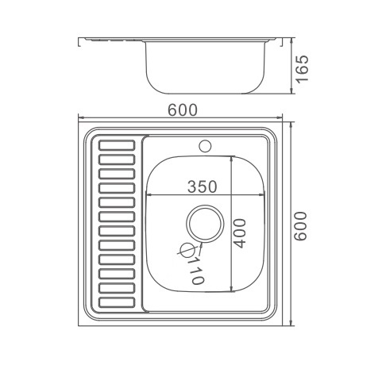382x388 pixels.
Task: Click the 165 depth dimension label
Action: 303,69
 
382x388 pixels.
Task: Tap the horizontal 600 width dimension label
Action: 183,110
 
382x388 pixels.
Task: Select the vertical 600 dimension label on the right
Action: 301,226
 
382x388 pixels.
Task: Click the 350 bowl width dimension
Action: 203,186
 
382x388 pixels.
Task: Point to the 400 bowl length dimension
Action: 240,233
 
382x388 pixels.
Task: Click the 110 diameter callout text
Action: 196,271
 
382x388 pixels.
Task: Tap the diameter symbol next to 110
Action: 187,250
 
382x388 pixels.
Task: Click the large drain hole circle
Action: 205,224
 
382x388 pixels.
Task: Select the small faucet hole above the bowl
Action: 206,146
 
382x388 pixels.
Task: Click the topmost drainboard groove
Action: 117,145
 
